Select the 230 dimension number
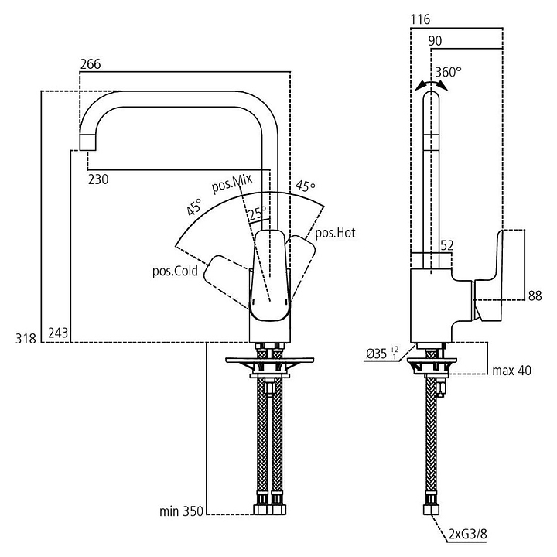click(97, 179)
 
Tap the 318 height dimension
click(26, 337)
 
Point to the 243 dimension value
click(58, 333)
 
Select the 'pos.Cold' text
click(176, 271)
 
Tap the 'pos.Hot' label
click(334, 233)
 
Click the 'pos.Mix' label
click(232, 183)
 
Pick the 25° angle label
click(257, 211)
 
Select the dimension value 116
click(422, 19)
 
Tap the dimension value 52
click(446, 245)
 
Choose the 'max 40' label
click(511, 371)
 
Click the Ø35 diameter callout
click(378, 355)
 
